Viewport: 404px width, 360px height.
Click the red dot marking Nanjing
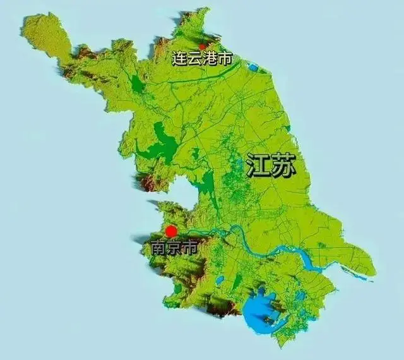point(171,231)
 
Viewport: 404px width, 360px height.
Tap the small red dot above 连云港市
point(202,46)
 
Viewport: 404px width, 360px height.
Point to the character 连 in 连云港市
point(180,59)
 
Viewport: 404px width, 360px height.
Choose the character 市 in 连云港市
point(225,59)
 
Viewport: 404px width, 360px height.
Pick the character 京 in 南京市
point(174,248)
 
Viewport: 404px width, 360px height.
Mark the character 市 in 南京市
point(189,248)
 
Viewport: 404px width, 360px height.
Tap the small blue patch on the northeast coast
point(253,66)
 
